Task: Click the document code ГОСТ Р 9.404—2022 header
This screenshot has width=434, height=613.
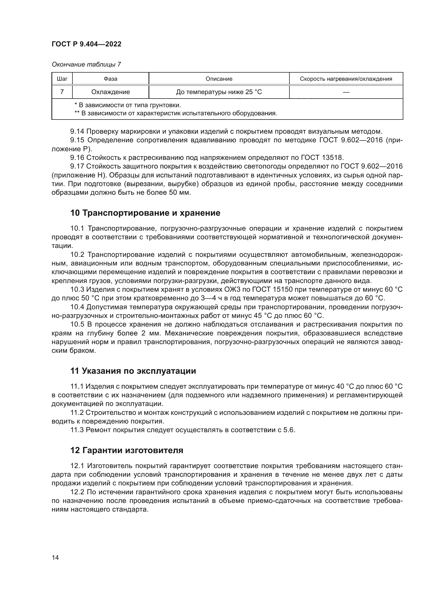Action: [x=86, y=44]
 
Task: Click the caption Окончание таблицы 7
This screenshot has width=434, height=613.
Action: [x=86, y=64]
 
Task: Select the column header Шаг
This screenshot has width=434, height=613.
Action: [x=62, y=79]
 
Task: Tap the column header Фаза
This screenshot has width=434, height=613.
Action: [x=110, y=79]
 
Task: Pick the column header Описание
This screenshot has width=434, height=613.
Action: [x=219, y=79]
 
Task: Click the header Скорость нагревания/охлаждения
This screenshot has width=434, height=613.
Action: [x=346, y=79]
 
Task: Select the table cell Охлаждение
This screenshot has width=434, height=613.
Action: [x=110, y=92]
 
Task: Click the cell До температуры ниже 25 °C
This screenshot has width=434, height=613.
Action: [x=219, y=92]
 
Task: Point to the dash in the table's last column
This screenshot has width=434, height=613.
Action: [x=346, y=92]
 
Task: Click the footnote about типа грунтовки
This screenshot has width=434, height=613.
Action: [x=128, y=105]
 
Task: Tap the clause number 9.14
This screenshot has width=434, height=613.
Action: [x=77, y=131]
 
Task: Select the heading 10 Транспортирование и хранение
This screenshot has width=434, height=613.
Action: [x=145, y=213]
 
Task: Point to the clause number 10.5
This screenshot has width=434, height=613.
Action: [x=77, y=324]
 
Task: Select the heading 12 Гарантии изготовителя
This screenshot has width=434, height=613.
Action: [x=127, y=451]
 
